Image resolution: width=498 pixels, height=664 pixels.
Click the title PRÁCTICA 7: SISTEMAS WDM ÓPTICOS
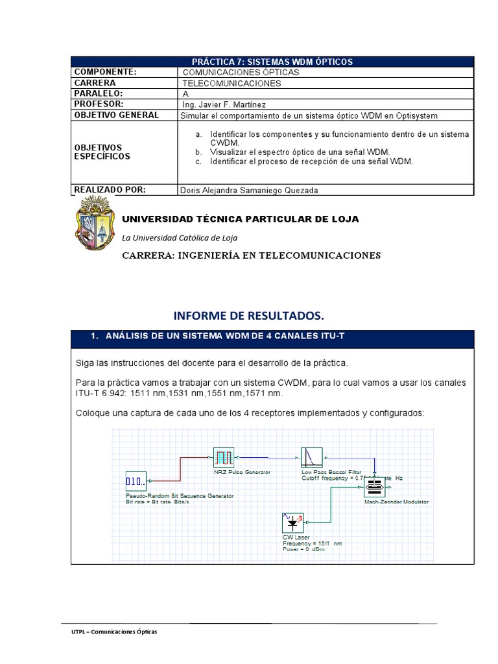tap(272, 62)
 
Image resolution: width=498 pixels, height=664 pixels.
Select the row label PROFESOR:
tap(99, 104)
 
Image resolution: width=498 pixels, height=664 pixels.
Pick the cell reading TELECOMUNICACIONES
tap(232, 84)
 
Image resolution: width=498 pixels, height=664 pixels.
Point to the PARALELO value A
tap(186, 94)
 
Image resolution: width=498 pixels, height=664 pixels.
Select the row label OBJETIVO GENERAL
tap(116, 115)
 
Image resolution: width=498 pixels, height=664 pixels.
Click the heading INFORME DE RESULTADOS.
tap(248, 316)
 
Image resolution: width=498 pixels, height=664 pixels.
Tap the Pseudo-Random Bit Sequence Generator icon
tap(136, 481)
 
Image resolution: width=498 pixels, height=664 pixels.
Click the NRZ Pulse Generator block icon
tap(223, 458)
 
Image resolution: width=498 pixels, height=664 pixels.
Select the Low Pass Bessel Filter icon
tap(312, 458)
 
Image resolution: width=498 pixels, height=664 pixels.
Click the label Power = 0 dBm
tap(303, 549)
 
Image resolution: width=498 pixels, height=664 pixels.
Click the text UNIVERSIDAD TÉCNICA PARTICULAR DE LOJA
tap(241, 219)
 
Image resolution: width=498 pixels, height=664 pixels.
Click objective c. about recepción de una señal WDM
tap(311, 161)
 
